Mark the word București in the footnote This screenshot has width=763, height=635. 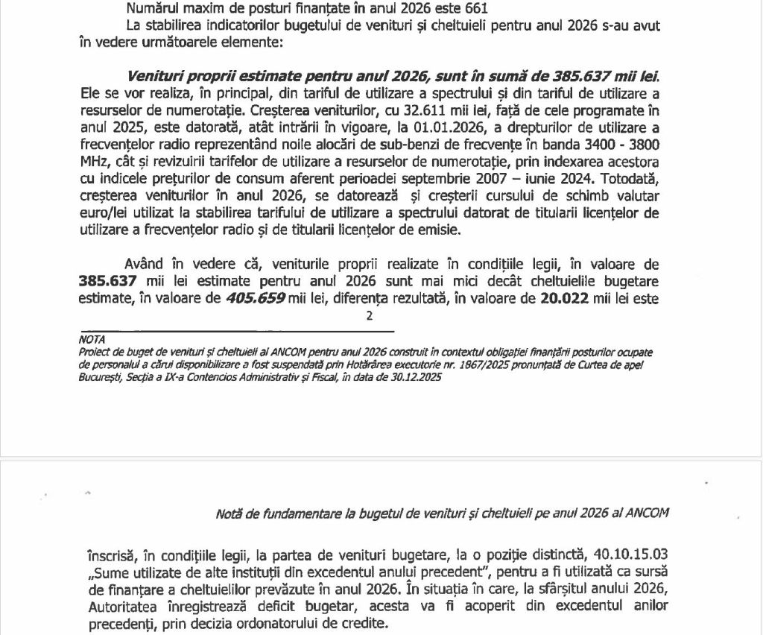(x=98, y=378)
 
